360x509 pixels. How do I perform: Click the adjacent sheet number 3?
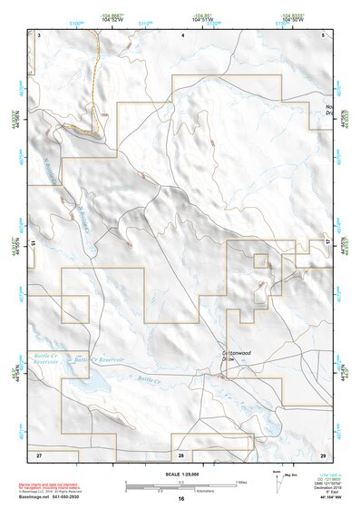point(40,34)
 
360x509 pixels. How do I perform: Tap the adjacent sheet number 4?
point(183,34)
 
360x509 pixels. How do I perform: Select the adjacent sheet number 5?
point(324,34)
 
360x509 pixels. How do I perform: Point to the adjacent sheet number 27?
point(39,453)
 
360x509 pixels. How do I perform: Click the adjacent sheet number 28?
point(181,453)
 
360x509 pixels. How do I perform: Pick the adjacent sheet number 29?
point(324,453)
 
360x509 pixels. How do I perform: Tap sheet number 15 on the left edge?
point(32,244)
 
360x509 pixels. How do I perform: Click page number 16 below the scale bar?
point(181,499)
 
